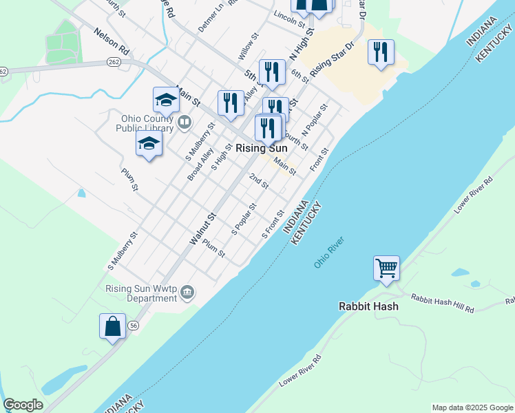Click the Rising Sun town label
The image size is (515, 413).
click(x=261, y=148)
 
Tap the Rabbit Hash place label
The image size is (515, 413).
click(x=368, y=306)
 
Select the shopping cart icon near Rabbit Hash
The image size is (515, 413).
click(x=386, y=268)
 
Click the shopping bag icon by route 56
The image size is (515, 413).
click(x=112, y=326)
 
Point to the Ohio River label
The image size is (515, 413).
click(x=328, y=253)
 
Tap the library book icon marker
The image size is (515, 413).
click(x=184, y=123)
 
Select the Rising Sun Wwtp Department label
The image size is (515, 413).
click(x=141, y=294)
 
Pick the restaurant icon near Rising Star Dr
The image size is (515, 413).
click(x=381, y=52)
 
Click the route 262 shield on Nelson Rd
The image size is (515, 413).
click(x=114, y=62)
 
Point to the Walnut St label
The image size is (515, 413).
click(x=203, y=229)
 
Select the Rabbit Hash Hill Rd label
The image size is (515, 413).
click(x=443, y=303)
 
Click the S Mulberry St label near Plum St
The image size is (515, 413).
click(x=123, y=250)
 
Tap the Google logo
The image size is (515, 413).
click(x=23, y=405)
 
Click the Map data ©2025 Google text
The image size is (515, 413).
click(x=472, y=407)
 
